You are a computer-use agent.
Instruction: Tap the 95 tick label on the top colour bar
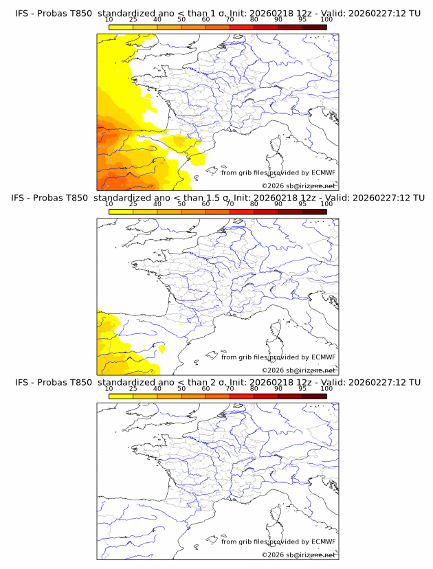(302, 19)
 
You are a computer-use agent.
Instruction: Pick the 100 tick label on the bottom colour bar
(326, 388)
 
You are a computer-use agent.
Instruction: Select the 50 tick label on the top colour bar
(181, 19)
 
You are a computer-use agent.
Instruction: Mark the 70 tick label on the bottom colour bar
(230, 388)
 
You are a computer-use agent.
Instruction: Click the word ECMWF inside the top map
(323, 172)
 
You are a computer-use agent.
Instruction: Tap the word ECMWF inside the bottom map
(323, 542)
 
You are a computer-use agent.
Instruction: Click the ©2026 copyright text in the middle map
(273, 370)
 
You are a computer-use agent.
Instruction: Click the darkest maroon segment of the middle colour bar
(314, 211)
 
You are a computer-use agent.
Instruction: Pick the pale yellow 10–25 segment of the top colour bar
(121, 27)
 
